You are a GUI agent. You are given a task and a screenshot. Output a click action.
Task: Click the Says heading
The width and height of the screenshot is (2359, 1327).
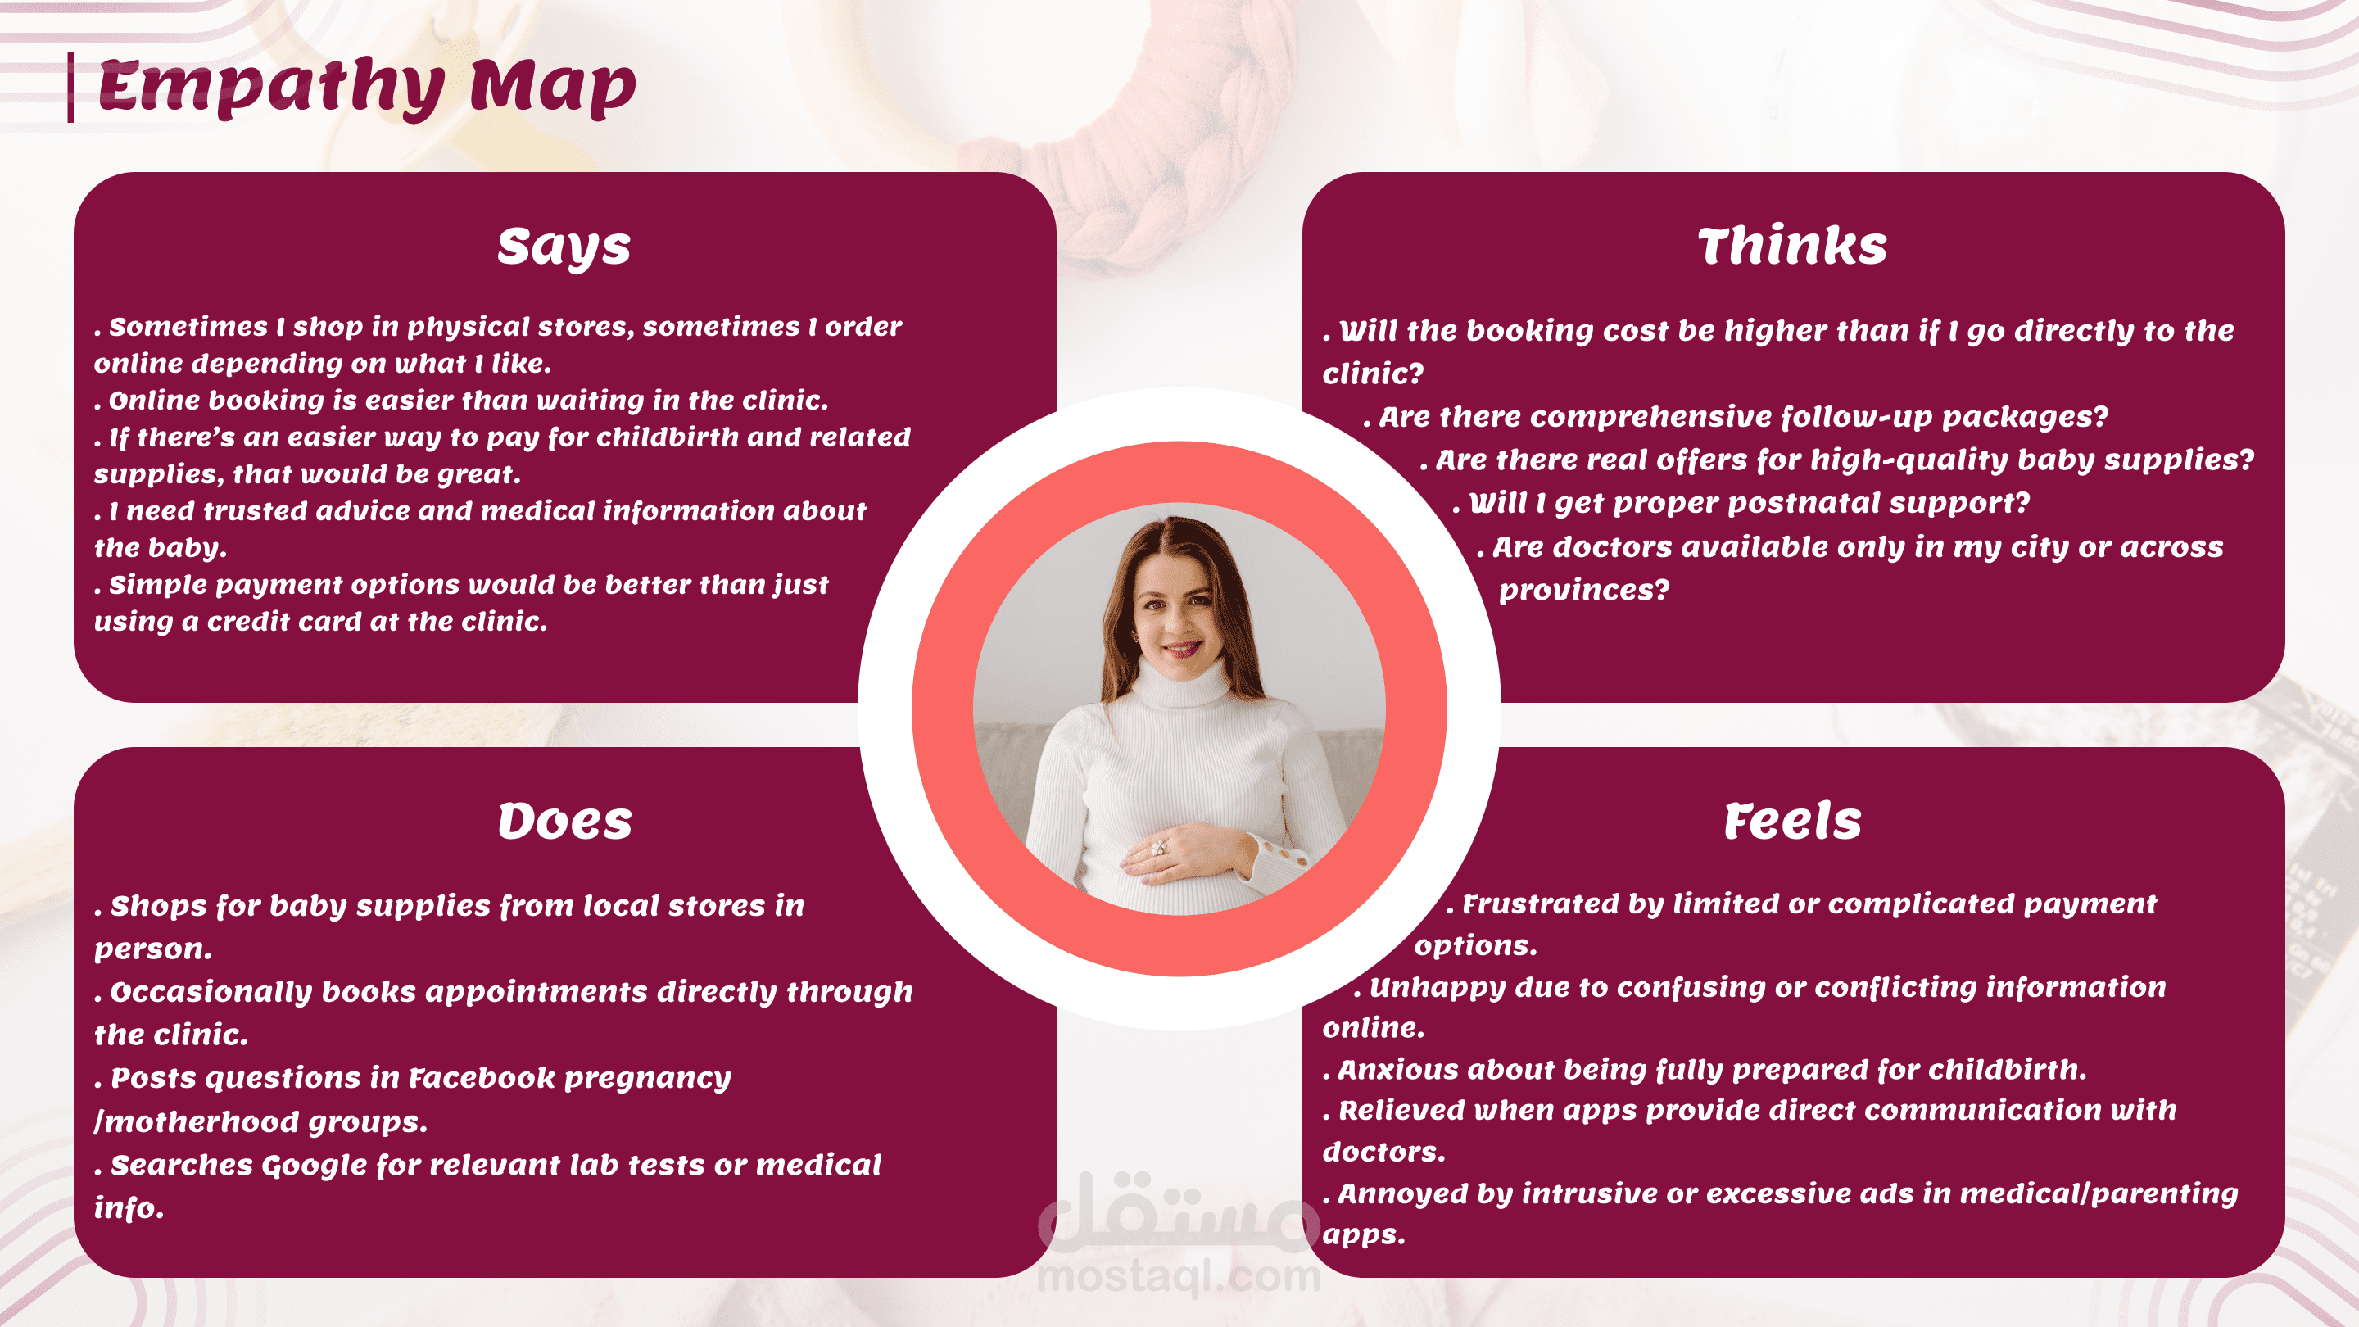(x=564, y=247)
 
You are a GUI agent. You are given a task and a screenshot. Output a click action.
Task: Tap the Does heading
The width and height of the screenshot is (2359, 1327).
(x=565, y=821)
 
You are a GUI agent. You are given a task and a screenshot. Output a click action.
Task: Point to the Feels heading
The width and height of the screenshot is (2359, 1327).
(x=1792, y=821)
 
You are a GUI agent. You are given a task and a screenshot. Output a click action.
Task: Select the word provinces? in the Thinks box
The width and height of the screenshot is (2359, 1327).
(x=1584, y=590)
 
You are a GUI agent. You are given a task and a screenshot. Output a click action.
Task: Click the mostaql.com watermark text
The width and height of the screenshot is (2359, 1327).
(x=1179, y=1275)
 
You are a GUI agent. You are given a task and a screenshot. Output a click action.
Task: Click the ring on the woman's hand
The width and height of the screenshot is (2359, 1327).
(x=1159, y=848)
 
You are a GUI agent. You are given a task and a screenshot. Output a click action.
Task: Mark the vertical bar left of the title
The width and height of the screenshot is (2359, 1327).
(x=70, y=87)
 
